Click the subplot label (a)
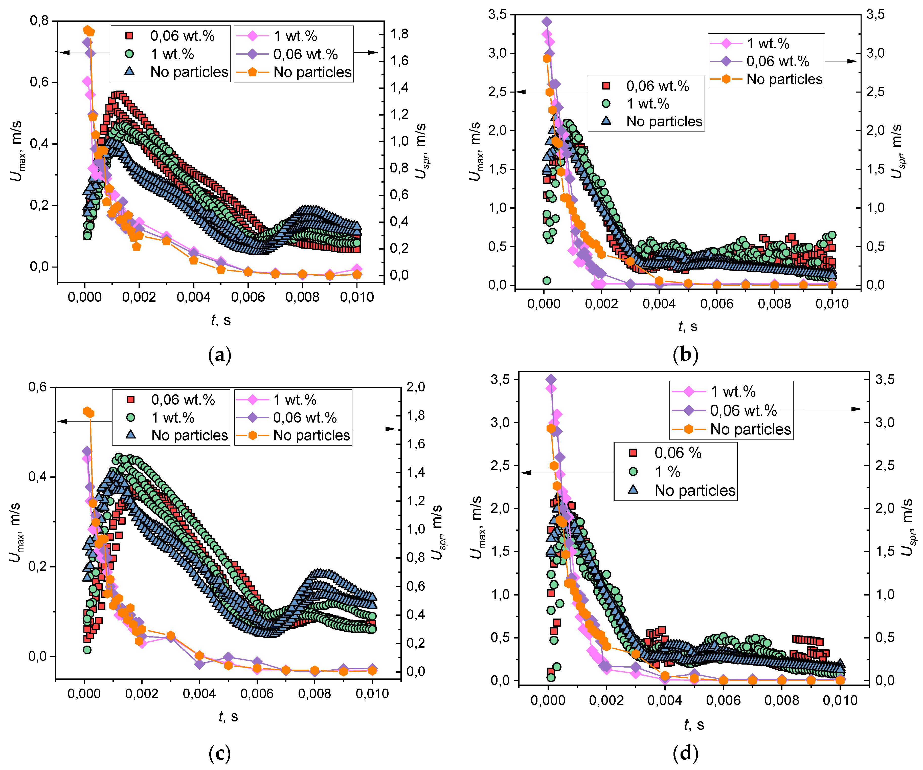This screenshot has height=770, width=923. pyautogui.click(x=219, y=355)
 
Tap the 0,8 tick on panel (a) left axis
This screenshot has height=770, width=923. pyautogui.click(x=39, y=21)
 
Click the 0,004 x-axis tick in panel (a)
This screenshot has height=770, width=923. pyautogui.click(x=193, y=297)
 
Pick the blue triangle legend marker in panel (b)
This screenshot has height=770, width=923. pyautogui.click(x=606, y=121)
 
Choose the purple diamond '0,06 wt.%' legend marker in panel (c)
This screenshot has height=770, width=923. pyautogui.click(x=252, y=417)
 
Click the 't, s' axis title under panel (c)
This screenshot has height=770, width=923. pyautogui.click(x=228, y=716)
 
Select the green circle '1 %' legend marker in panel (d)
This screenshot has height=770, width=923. pyautogui.click(x=633, y=471)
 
